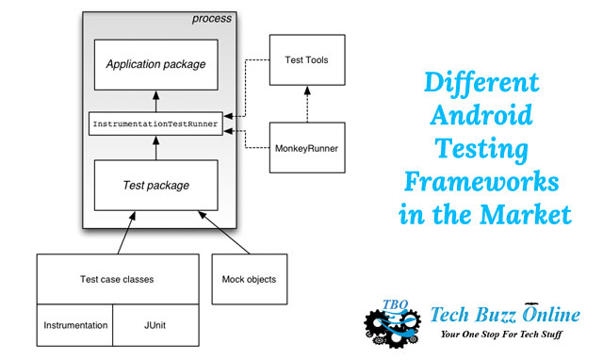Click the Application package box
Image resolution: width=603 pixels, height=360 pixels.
click(155, 64)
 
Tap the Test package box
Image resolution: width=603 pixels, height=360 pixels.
click(155, 185)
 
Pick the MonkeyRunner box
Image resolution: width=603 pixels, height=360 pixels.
click(306, 148)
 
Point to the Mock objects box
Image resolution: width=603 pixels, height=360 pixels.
click(248, 280)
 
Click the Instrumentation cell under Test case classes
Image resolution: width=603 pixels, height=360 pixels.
click(74, 326)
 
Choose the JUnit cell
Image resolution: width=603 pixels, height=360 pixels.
click(156, 326)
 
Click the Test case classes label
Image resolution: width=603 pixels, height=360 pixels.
click(118, 279)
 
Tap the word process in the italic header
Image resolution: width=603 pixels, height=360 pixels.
click(211, 19)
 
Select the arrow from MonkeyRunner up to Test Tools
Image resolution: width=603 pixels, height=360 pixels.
click(306, 105)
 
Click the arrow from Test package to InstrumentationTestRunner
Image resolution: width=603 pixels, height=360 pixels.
click(155, 147)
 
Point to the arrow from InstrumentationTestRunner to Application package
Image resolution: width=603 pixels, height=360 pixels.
click(155, 102)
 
